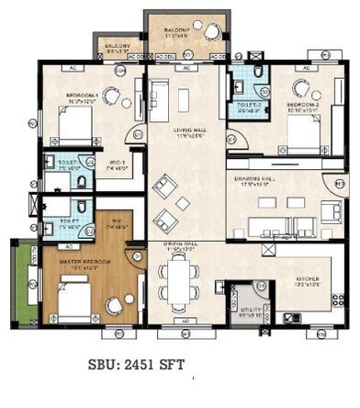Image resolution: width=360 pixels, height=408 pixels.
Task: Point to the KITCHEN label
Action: pos(307,278)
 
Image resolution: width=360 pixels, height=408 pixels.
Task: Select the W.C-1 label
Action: pos(115,166)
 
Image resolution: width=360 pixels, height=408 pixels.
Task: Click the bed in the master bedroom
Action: pos(77,299)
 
